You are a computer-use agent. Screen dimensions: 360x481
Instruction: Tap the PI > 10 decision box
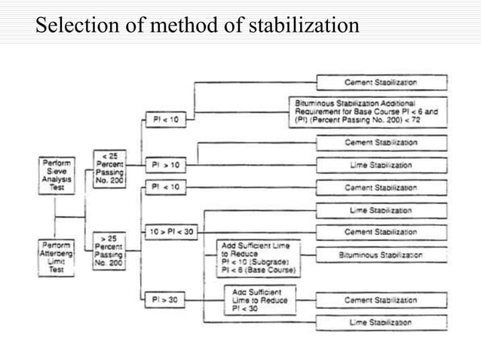pos(164,164)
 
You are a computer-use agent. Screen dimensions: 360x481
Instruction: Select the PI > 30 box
pos(164,299)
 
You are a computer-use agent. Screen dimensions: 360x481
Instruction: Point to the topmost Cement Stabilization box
pos(381,82)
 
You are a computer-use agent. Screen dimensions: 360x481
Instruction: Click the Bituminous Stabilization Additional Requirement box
pos(368,111)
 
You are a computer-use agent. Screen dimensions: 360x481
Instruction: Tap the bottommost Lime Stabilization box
pos(381,322)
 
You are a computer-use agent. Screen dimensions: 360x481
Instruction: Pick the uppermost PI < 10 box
pos(164,119)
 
